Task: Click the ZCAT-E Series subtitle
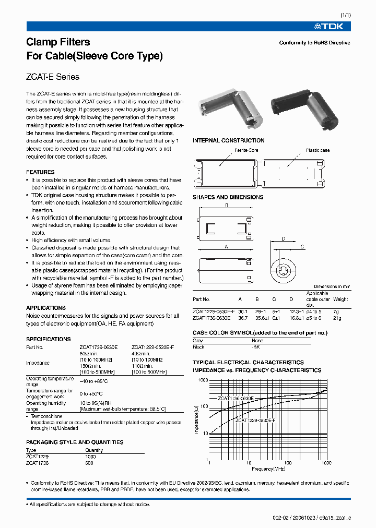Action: click(53, 77)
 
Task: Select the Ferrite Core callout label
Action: click(246, 150)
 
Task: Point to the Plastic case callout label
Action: click(318, 150)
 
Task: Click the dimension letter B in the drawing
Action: click(226, 206)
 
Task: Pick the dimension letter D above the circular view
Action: click(283, 238)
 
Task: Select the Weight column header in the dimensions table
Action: click(340, 299)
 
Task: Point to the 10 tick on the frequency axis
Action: click(249, 463)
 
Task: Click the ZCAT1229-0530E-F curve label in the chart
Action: click(254, 419)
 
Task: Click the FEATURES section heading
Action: click(40, 172)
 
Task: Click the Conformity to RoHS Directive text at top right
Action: click(314, 43)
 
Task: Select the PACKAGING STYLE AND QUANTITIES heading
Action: click(75, 442)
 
